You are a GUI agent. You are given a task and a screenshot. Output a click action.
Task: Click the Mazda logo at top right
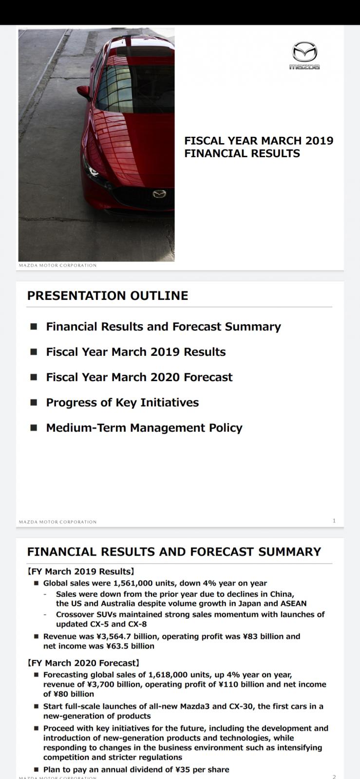[x=304, y=56]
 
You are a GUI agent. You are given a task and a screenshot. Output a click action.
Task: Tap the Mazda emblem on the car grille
[x=159, y=194]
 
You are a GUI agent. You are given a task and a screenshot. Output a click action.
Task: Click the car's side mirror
[x=84, y=92]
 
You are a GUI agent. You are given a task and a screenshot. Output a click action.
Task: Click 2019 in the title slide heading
[x=319, y=141]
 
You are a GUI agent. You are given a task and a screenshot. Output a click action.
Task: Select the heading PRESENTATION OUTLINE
[x=108, y=296]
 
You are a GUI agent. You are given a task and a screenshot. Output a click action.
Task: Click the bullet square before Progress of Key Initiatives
[x=34, y=402]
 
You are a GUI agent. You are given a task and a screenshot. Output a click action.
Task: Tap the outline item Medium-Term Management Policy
[x=144, y=428]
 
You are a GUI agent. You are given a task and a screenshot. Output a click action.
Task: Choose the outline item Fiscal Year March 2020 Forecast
[x=139, y=377]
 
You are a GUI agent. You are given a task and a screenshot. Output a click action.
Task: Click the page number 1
[x=334, y=520]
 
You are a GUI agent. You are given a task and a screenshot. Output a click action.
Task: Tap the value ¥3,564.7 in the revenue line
[x=113, y=636]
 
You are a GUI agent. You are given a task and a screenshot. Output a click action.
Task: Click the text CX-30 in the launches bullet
[x=241, y=706]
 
